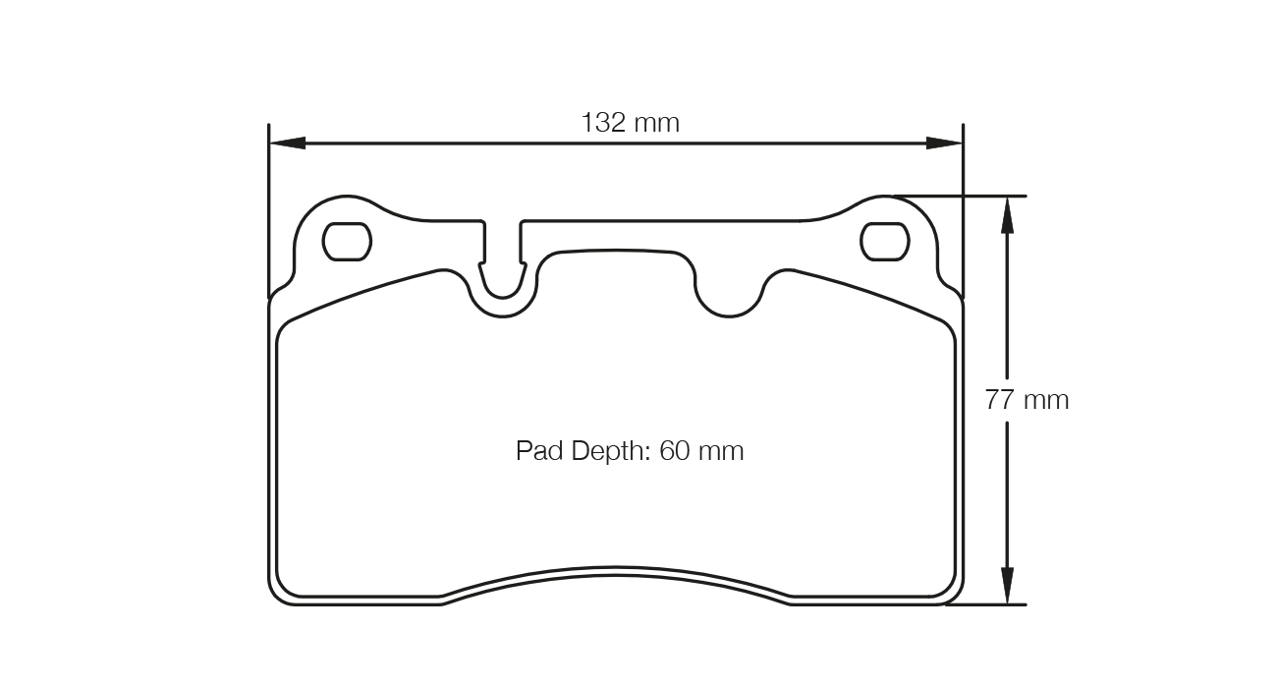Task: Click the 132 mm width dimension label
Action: [630, 123]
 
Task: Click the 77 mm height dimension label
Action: [1027, 400]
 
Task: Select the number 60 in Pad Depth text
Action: [675, 451]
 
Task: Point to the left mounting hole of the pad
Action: [347, 242]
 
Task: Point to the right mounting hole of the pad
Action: [884, 242]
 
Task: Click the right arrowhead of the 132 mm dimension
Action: [945, 143]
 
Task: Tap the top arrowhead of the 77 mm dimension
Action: [1007, 214]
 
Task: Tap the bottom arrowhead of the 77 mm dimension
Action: [1007, 586]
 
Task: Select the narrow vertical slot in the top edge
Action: [503, 251]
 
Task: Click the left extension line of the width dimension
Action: [269, 197]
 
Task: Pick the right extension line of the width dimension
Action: [963, 197]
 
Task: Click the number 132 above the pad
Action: [604, 123]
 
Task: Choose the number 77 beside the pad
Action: [1000, 400]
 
